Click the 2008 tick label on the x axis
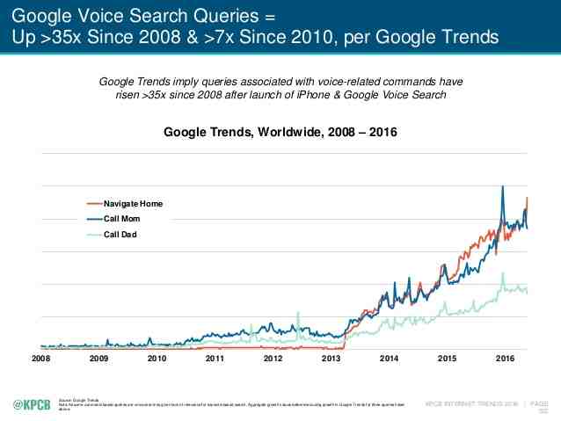pyautogui.click(x=41, y=359)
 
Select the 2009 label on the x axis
pyautogui.click(x=99, y=359)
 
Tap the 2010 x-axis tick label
pyautogui.click(x=157, y=359)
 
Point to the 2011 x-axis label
pyautogui.click(x=215, y=359)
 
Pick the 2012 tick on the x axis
pyautogui.click(x=273, y=359)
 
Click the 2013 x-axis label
pyautogui.click(x=331, y=359)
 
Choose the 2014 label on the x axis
pyautogui.click(x=390, y=359)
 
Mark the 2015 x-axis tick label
pyautogui.click(x=448, y=359)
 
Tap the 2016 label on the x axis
pyautogui.click(x=506, y=359)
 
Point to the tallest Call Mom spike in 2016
pyautogui.click(x=502, y=187)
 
